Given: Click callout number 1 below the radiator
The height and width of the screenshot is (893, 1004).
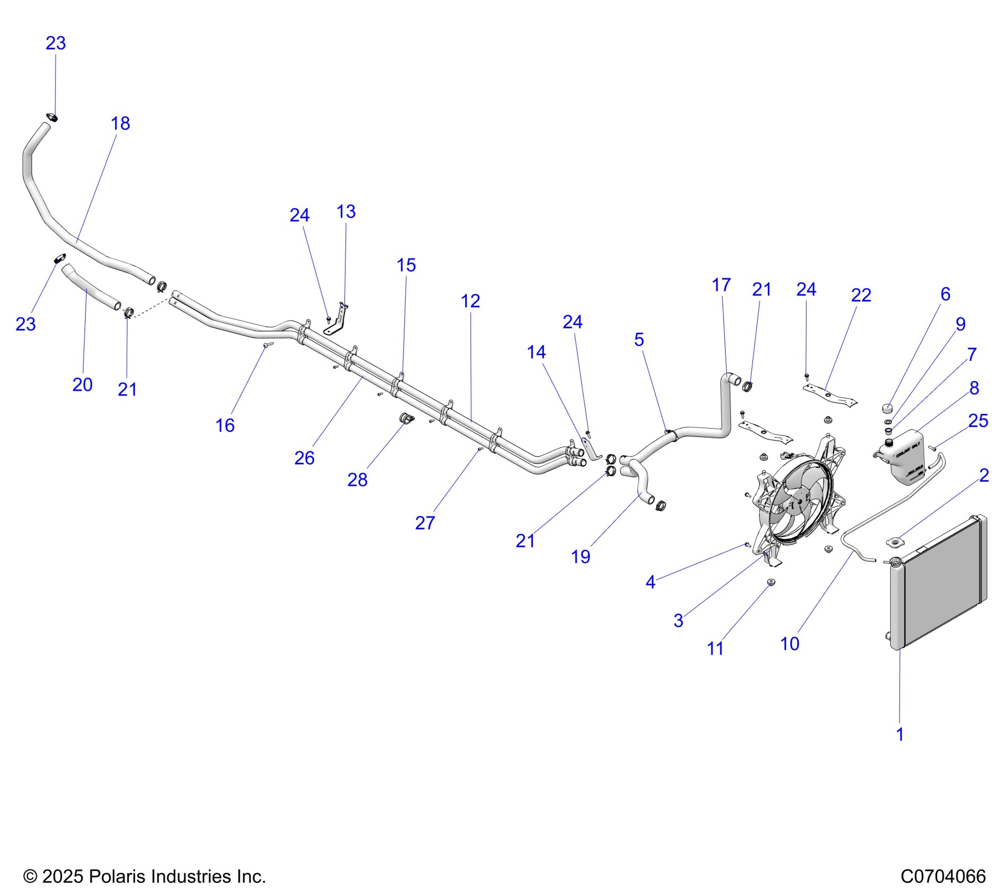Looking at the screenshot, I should click(900, 734).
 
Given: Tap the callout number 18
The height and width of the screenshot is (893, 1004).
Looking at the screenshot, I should click(120, 123).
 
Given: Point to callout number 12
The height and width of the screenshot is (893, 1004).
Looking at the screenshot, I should click(470, 301).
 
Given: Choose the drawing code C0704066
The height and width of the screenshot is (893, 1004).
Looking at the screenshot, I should click(943, 876).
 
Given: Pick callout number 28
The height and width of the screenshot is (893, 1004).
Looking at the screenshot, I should click(357, 480).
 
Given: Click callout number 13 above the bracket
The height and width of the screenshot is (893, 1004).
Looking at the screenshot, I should click(346, 212).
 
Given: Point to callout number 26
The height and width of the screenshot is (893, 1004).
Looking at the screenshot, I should click(304, 458).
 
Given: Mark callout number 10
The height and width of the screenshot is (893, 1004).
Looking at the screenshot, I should click(790, 643).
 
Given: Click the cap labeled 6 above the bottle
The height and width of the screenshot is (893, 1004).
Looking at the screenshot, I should click(887, 408).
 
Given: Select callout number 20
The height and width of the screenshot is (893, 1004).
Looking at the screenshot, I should click(82, 385).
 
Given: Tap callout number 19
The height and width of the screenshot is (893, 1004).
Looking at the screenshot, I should click(580, 557).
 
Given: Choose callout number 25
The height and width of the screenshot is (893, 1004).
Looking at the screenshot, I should click(978, 421).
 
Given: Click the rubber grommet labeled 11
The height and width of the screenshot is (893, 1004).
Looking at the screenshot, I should click(771, 582).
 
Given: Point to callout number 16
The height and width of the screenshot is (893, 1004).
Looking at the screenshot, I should click(225, 425).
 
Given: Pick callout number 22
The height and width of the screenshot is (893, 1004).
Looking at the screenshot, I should click(861, 295).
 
